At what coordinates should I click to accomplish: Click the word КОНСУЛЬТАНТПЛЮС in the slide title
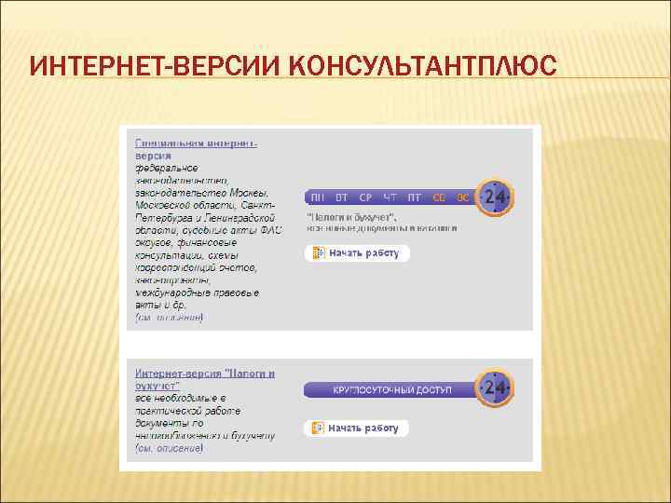point(423,67)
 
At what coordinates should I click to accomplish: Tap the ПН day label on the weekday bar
point(318,197)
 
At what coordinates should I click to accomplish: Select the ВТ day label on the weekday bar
point(342,197)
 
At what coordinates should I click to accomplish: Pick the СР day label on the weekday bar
point(365,197)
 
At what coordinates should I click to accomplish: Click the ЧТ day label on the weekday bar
point(390,197)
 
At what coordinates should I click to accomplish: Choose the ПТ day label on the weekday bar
point(415,197)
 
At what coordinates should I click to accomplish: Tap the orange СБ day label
point(439,197)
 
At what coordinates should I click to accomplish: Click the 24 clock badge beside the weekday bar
point(494,197)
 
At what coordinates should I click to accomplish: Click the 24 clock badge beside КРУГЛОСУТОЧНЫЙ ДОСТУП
point(494,387)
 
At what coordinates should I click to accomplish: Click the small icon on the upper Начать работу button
point(318,252)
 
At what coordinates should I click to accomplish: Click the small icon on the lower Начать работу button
point(318,428)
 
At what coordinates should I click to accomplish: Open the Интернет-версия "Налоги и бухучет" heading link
point(204,379)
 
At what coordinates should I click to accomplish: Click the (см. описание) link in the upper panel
point(169,318)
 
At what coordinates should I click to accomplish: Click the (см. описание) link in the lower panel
point(169,449)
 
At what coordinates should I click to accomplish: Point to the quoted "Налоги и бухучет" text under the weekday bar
point(350,216)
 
